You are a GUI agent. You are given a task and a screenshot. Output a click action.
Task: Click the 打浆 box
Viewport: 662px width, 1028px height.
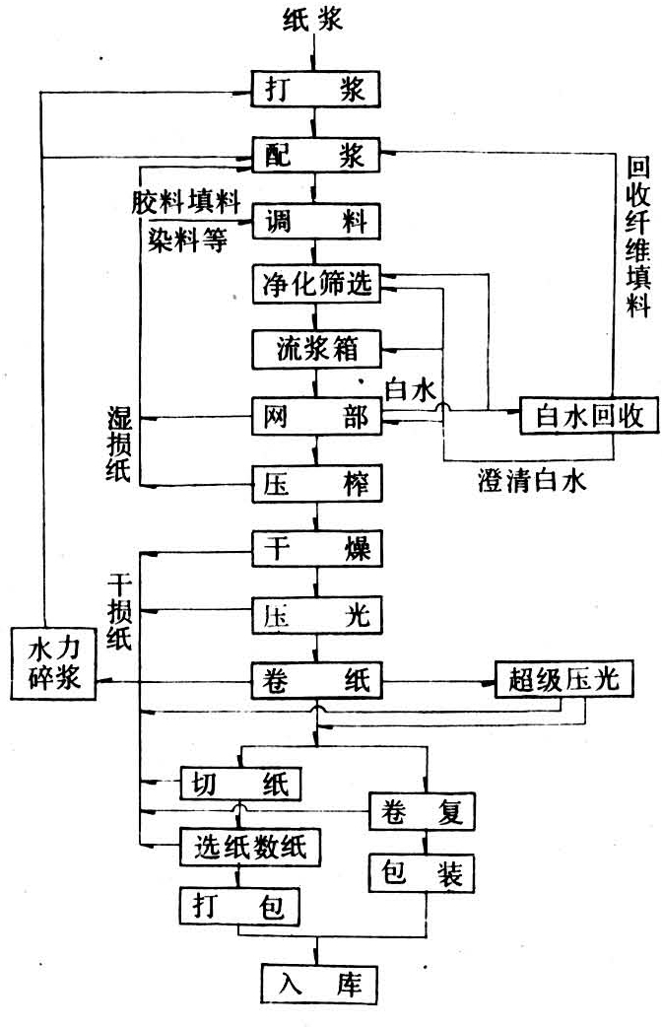[x=315, y=89]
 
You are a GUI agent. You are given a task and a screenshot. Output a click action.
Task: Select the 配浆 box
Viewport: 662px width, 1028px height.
[x=315, y=154]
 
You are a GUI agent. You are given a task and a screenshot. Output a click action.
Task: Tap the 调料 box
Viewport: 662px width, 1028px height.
[x=315, y=220]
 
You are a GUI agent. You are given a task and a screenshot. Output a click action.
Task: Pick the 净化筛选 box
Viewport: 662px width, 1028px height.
[x=315, y=285]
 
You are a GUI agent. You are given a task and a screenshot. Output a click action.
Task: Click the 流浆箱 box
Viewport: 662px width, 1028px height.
[x=315, y=350]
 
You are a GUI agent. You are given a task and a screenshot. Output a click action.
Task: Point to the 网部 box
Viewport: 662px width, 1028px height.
[x=315, y=418]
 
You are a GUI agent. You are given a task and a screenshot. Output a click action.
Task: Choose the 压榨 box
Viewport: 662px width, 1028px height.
[x=315, y=485]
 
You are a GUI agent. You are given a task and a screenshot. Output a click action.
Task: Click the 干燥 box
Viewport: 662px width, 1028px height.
[x=315, y=549]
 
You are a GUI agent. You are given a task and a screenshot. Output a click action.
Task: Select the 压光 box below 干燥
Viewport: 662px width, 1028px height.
[x=315, y=615]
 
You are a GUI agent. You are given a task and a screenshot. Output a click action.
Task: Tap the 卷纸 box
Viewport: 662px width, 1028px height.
[x=315, y=680]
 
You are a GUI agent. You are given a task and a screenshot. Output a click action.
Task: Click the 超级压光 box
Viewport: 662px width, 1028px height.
[x=560, y=680]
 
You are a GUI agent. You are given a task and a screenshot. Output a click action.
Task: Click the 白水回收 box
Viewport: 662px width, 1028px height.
[x=574, y=417]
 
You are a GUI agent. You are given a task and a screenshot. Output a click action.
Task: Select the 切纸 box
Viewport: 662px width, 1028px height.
[x=241, y=785]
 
